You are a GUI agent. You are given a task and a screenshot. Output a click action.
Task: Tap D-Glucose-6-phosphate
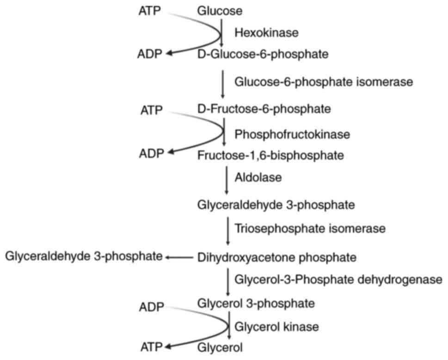coord(263,55)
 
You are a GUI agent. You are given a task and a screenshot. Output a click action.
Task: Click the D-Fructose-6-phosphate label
coord(264,109)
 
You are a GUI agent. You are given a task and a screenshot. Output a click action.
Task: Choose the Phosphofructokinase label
coord(292,134)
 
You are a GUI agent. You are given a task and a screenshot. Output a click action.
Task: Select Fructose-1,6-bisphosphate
coord(270,155)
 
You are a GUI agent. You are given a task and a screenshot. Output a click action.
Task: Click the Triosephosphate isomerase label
coord(310,228)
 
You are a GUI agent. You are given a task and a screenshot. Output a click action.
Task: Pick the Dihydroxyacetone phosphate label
coord(276,256)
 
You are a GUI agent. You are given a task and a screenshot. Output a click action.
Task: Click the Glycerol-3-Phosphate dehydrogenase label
coord(339,279)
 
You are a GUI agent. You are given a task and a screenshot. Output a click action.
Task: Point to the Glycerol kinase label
coord(277,327)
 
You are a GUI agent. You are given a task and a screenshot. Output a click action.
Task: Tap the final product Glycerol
coord(220,347)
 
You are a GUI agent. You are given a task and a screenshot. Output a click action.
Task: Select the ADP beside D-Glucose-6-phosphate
coord(150,54)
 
